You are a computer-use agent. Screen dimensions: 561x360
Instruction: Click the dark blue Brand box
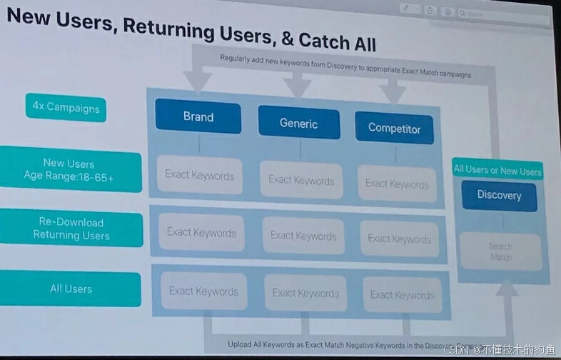coord(198,117)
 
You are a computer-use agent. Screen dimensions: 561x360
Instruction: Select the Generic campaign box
coord(298,123)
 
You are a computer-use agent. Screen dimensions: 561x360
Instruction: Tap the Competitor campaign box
coord(394,129)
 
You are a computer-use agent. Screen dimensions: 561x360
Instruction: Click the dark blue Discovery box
coord(499,195)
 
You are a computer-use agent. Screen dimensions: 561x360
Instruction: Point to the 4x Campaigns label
coord(66,109)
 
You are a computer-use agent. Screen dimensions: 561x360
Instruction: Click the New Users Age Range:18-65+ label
coord(69,170)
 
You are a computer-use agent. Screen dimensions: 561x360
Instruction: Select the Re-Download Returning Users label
coord(71,229)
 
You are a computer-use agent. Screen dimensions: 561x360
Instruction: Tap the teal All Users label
coord(71,289)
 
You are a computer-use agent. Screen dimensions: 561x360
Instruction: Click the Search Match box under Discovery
coord(500,251)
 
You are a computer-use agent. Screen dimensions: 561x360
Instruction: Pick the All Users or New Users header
coord(497,170)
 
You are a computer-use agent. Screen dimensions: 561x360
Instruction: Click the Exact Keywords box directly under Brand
coord(199,174)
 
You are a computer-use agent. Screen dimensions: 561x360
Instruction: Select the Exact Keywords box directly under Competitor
coord(397,184)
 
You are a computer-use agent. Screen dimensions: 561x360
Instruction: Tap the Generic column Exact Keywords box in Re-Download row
coord(303,235)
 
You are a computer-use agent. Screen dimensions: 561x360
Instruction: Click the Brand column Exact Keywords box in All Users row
coord(203,291)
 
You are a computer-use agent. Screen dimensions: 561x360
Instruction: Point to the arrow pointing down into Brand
coord(198,80)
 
